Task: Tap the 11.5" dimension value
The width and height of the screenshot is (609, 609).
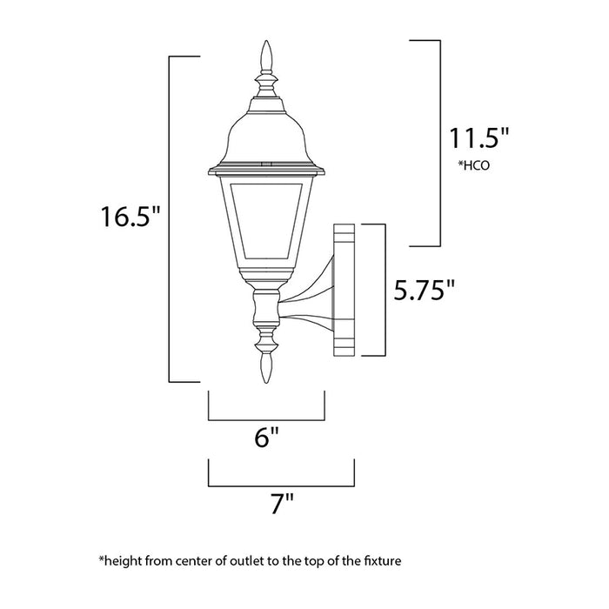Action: [478, 138]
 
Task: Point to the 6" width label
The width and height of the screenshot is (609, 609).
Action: [267, 438]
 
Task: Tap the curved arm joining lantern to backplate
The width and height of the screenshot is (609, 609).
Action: [309, 296]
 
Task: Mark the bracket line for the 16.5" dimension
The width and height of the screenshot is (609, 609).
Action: [169, 217]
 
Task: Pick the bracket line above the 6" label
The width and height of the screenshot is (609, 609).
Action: [266, 418]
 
